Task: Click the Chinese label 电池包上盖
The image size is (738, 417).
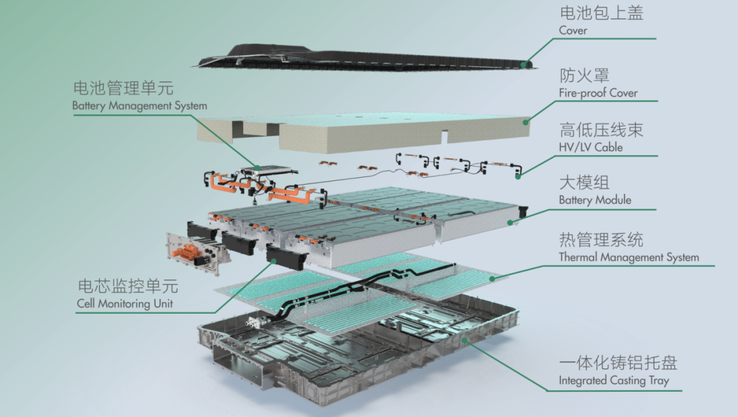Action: click(x=601, y=13)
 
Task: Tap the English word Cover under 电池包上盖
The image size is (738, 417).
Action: click(x=573, y=31)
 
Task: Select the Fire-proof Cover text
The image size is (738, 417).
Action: click(x=598, y=93)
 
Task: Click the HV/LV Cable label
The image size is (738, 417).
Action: click(x=590, y=146)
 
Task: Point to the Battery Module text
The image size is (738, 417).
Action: click(x=594, y=200)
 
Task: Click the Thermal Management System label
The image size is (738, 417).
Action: click(x=629, y=258)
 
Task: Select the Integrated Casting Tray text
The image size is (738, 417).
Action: click(x=614, y=381)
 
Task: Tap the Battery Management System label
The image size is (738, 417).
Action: click(x=139, y=106)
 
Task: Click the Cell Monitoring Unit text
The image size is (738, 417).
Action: click(x=125, y=304)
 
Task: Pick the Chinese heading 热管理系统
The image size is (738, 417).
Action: click(x=601, y=240)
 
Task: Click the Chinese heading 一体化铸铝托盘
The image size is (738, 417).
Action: click(x=618, y=363)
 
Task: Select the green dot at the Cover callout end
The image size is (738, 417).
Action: click(x=525, y=64)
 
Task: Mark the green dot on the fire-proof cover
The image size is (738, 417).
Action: click(x=525, y=122)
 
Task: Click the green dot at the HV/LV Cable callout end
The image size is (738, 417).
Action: click(x=518, y=176)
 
